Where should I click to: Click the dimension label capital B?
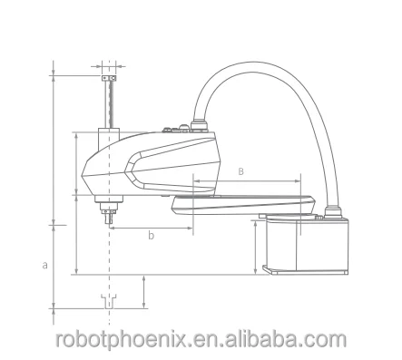240,170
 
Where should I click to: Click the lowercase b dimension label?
151,235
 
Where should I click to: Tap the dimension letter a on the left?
44,265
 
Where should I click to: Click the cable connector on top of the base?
332,214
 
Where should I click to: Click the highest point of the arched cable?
263,65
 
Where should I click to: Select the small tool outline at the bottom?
109,300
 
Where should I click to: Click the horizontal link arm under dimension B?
245,200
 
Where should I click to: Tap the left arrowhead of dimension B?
194,180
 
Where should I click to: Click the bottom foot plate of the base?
305,269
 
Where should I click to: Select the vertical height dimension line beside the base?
255,245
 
